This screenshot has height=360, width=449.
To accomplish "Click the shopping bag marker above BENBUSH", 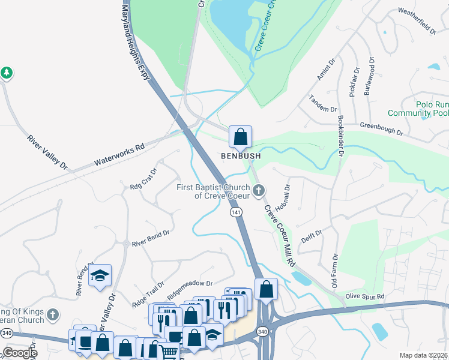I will coord(240,137).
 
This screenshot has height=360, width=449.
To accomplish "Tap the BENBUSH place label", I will coord(240,155).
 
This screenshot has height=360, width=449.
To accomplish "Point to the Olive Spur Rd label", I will coord(364,296).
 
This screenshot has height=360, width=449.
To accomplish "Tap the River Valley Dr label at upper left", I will coord(48,152).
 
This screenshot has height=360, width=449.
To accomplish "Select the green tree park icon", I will coord(7,73).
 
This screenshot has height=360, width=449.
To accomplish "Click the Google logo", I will coord(20,353).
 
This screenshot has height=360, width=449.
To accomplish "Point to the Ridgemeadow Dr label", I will coord(190,290).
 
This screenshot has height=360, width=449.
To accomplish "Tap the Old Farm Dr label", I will coord(335,268).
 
